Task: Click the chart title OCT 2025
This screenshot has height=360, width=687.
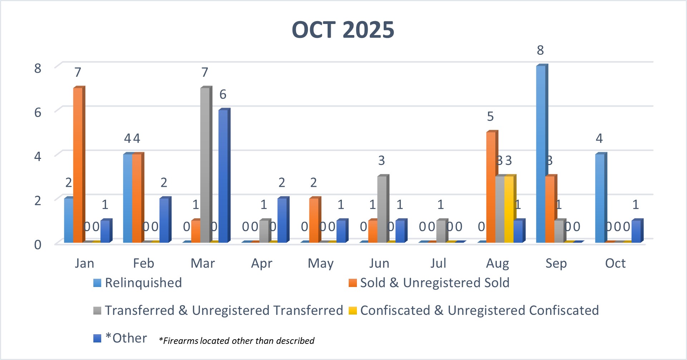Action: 343,30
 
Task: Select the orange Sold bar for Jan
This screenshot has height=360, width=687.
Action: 78,165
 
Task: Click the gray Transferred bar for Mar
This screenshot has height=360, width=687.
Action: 205,165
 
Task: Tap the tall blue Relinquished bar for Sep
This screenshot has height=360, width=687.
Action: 541,154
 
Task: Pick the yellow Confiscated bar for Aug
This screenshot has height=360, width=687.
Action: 509,209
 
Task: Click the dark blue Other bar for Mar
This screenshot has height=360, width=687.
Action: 223,175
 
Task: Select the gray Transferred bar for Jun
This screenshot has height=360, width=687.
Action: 382,209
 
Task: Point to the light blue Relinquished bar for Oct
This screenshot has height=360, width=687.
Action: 600,199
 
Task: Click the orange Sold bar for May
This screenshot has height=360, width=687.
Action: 314,220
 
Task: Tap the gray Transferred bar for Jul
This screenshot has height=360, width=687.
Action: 441,231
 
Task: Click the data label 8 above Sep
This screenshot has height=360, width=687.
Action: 540,50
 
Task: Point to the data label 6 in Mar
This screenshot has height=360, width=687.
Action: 223,94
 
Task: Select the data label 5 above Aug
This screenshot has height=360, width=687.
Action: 490,117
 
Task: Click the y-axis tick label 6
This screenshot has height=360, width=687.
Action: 38,112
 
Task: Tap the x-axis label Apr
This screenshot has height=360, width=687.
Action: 261,263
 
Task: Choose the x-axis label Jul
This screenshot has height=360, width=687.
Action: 438,263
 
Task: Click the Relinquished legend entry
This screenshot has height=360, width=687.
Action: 143,283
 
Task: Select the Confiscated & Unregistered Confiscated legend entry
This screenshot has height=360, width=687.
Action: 479,310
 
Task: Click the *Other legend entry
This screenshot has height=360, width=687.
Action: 126,338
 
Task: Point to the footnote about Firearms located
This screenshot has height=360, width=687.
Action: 237,341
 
